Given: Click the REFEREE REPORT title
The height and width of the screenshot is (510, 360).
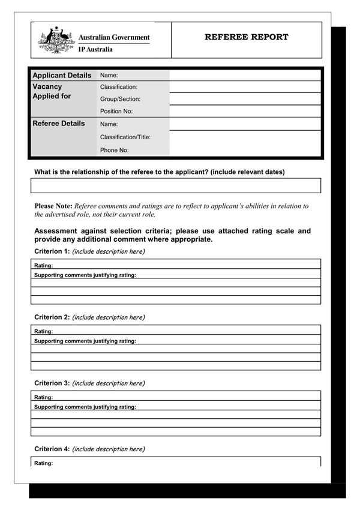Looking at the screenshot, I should (x=246, y=37).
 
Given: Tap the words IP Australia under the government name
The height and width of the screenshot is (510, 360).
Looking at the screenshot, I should (x=95, y=50).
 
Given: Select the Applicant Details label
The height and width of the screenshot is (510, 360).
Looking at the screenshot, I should (x=62, y=76).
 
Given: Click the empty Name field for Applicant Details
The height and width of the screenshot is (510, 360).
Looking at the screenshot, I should (x=245, y=76).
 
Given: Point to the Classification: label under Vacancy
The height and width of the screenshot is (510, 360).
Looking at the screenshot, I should (x=119, y=87).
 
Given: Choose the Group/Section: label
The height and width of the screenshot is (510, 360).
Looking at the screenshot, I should (x=120, y=99).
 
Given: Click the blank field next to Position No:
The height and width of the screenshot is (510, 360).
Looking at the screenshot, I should (x=245, y=111).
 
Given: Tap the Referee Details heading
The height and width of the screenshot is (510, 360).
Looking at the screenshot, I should (x=59, y=124).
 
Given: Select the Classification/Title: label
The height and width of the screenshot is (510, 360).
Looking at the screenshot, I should (x=125, y=137).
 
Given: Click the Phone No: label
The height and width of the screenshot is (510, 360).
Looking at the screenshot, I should (x=114, y=150).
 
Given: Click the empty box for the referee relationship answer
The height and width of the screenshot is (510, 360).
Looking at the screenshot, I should (x=176, y=185).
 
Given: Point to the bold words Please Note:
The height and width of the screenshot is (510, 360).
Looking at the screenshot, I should (x=53, y=206).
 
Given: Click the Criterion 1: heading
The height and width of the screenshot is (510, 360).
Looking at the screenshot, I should (x=52, y=251).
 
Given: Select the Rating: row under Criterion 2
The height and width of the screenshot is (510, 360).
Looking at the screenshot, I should (x=176, y=331).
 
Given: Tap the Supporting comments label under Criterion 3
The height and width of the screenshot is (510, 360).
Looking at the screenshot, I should (x=85, y=407).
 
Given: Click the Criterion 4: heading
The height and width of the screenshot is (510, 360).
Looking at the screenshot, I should (x=52, y=449).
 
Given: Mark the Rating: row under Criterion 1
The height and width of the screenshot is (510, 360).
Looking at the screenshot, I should (x=176, y=265).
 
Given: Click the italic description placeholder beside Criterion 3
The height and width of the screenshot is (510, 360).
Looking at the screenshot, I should (x=109, y=383).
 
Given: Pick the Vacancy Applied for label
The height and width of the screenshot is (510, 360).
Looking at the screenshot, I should (x=52, y=91).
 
